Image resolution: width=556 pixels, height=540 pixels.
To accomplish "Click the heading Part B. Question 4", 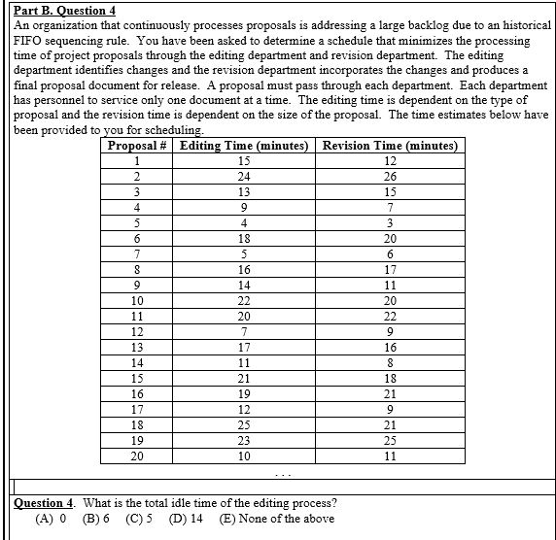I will (57, 11).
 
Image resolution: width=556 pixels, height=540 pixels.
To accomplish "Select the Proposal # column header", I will (138, 146).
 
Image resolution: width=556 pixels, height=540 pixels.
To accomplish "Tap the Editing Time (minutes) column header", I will (244, 146).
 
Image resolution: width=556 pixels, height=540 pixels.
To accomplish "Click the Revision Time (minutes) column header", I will (390, 146).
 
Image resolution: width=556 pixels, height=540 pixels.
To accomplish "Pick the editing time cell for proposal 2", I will (244, 176).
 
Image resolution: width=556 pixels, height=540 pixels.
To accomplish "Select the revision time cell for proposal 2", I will (390, 176).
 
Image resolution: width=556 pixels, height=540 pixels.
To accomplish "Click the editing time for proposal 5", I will (244, 222).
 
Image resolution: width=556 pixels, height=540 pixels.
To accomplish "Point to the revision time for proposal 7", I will (390, 253).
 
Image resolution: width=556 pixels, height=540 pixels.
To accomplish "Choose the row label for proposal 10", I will (138, 300).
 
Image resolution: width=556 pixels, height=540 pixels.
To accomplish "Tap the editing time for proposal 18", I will (244, 424).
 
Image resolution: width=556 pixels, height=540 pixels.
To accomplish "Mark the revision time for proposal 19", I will (390, 440).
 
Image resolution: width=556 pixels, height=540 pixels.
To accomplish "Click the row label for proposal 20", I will (138, 456).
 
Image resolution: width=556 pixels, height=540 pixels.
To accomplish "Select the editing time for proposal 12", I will (244, 331).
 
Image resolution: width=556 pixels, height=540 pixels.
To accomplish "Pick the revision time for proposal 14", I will (390, 362).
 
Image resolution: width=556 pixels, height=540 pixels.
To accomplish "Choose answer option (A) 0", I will (51, 519).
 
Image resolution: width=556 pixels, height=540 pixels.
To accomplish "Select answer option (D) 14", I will (186, 519).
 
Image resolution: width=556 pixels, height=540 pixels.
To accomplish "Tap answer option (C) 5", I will (140, 519).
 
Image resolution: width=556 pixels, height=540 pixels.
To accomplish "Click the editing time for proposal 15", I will (244, 378).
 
